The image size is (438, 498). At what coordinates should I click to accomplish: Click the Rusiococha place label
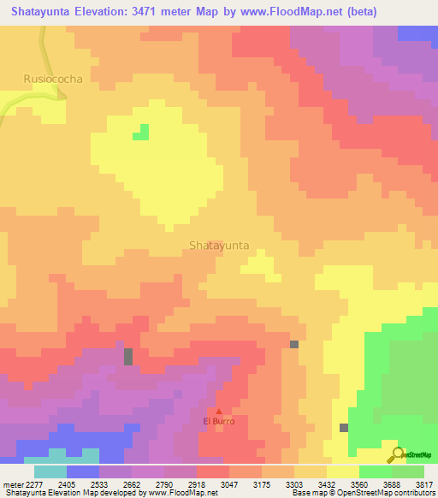pos(53,79)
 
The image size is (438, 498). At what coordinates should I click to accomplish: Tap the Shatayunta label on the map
pos(219,245)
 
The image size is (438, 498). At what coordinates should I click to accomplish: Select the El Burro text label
pos(218,422)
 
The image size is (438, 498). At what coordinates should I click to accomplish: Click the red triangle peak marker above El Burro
pos(218,412)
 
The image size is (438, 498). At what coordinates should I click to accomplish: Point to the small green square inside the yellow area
pos(140,132)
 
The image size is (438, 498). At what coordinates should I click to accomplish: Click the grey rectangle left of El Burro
pos(128,357)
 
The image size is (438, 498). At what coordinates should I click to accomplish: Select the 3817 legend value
pos(424,484)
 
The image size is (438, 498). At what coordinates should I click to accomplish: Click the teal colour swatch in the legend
pos(50,471)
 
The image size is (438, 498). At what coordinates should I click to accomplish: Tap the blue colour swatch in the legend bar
pos(83,471)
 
